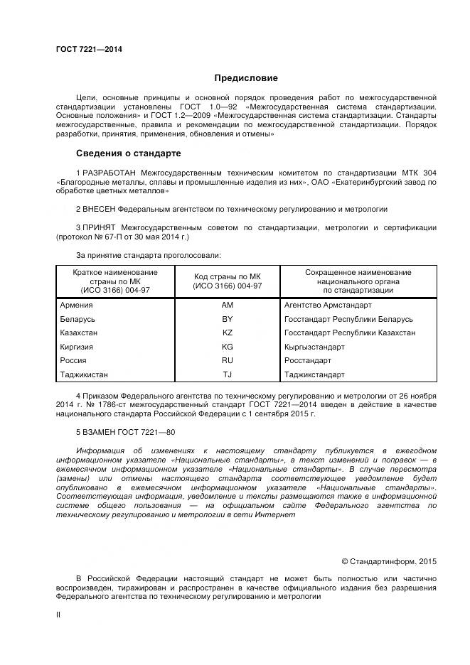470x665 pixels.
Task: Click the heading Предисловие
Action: [246, 78]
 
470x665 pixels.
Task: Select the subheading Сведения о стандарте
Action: [129, 153]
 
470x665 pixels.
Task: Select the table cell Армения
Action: [77, 305]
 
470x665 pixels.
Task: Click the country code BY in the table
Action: [228, 319]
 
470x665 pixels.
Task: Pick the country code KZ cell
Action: [228, 332]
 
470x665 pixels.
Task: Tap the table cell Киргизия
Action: [78, 347]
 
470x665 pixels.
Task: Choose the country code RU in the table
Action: [228, 360]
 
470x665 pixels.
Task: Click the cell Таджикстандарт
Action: [314, 374]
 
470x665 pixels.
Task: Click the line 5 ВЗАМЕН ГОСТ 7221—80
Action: [125, 432]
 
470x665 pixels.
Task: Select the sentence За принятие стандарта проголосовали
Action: [148, 254]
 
